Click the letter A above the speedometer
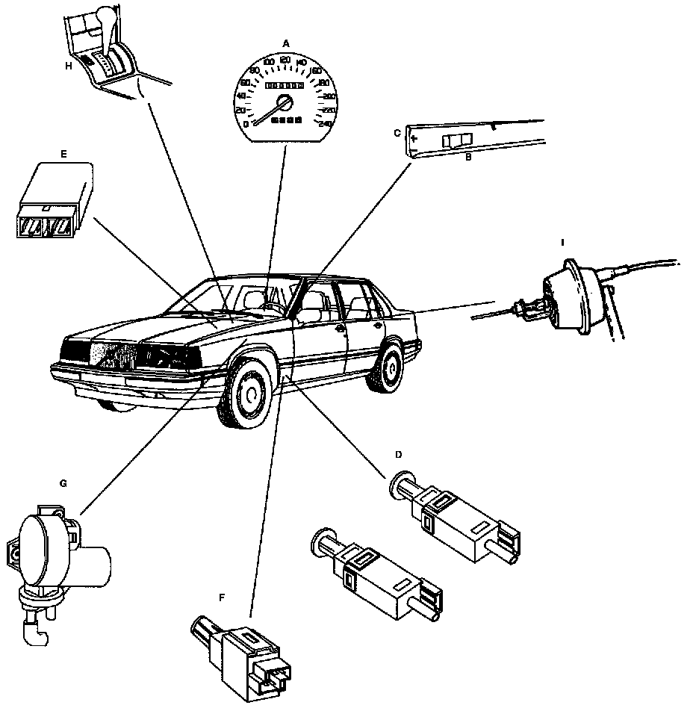pos(285,44)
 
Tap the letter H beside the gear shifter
pos(68,66)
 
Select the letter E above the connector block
pos(63,155)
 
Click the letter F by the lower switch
pos(221,597)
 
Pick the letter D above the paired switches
pos(398,454)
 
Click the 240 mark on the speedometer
pos(325,124)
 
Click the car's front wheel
pos(247,395)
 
